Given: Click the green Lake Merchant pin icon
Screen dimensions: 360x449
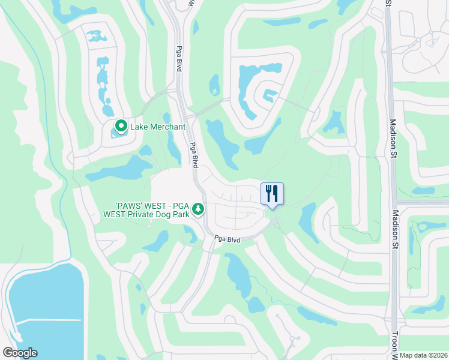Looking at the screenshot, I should coord(121,126).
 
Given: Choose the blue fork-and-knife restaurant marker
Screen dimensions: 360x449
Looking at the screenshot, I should coord(272,193).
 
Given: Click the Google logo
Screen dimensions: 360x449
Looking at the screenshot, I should coord(20,353).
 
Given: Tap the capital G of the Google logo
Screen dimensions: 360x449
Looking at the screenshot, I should coord(7,353).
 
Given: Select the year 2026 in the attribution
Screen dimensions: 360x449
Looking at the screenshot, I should coord(438,355).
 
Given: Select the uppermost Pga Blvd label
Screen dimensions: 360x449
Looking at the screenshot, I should coord(179,59).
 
